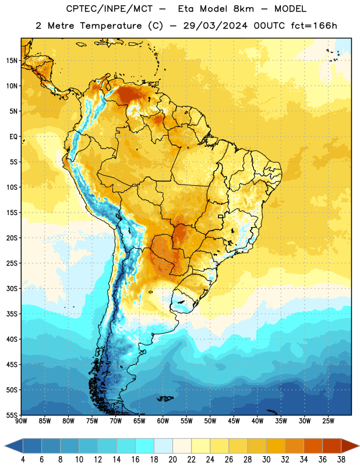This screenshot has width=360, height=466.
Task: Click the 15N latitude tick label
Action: (12, 61)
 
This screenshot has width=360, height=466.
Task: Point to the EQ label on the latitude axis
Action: (13, 137)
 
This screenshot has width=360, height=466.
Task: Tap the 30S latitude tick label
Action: (12, 289)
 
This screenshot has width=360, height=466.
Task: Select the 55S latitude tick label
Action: (12, 415)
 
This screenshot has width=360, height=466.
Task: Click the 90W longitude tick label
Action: (21, 421)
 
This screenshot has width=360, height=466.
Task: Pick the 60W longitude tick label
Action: (163, 421)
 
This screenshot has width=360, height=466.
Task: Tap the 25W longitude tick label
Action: (328, 421)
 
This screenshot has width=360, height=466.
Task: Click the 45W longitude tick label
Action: (234, 421)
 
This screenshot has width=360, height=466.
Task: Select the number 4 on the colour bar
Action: (23, 460)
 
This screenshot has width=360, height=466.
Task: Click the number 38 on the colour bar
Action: (341, 460)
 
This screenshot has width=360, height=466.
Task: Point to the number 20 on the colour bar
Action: (172, 460)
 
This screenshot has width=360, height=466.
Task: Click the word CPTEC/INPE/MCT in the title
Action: (109, 9)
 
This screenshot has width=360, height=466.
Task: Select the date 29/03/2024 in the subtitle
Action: (215, 26)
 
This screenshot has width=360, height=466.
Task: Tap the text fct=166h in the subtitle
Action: (314, 26)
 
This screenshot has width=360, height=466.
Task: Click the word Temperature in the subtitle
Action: (111, 26)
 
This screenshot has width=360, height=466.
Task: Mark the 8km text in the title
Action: (243, 9)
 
